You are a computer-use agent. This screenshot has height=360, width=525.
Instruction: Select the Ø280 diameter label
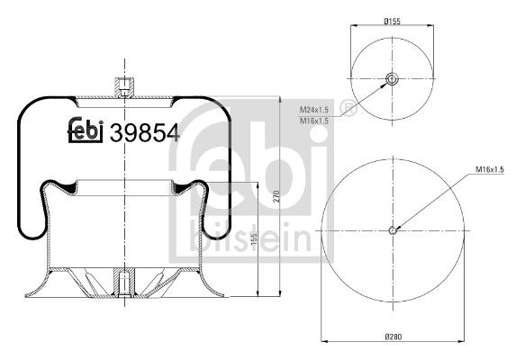[393, 337]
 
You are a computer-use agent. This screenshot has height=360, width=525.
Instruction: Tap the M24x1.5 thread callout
[313, 110]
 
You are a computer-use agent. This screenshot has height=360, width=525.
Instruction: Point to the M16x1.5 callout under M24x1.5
[313, 119]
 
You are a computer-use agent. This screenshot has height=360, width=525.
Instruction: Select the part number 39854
[144, 133]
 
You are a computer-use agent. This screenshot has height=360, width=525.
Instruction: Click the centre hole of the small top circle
[393, 79]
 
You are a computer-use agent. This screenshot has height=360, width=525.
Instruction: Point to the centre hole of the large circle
[393, 230]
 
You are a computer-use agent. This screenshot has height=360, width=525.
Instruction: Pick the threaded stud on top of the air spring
[123, 87]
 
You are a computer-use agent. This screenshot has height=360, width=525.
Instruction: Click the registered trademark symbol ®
[350, 112]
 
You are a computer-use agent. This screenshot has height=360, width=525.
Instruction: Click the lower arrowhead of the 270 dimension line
[281, 294]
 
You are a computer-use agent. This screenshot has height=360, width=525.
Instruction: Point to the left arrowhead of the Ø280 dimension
[324, 343]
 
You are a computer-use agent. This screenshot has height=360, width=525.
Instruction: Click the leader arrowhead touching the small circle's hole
[387, 84]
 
